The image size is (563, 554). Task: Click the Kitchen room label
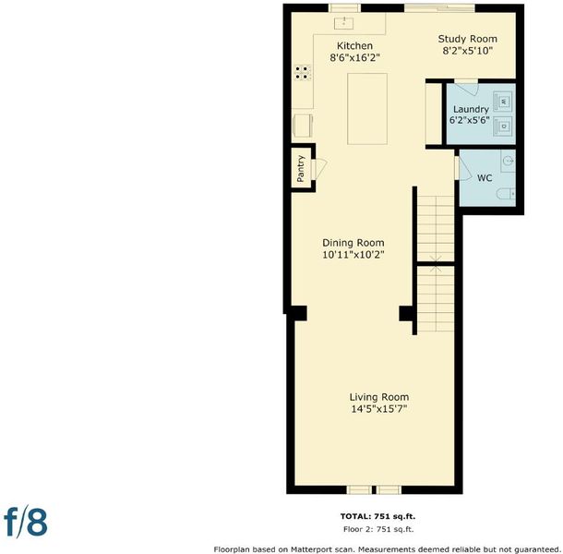[354, 46]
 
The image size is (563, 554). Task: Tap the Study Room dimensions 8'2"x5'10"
[467, 51]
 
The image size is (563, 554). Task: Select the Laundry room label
[471, 109]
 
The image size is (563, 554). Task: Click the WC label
[485, 178]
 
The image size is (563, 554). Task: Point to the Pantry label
[301, 168]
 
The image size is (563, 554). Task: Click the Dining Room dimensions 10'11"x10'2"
[353, 255]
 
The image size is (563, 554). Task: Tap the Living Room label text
[379, 397]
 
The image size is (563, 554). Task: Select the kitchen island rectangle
[367, 109]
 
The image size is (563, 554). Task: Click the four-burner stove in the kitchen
[303, 72]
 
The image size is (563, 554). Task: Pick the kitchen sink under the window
[344, 23]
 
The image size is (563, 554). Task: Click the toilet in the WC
[506, 194]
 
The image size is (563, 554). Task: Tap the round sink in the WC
[509, 161]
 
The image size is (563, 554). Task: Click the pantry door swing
[319, 169]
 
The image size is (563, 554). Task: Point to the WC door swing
[464, 168]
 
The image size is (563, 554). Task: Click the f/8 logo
[26, 521]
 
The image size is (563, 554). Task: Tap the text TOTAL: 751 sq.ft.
[377, 516]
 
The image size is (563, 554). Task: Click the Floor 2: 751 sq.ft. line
[378, 529]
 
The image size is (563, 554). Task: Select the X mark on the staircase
[436, 264]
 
